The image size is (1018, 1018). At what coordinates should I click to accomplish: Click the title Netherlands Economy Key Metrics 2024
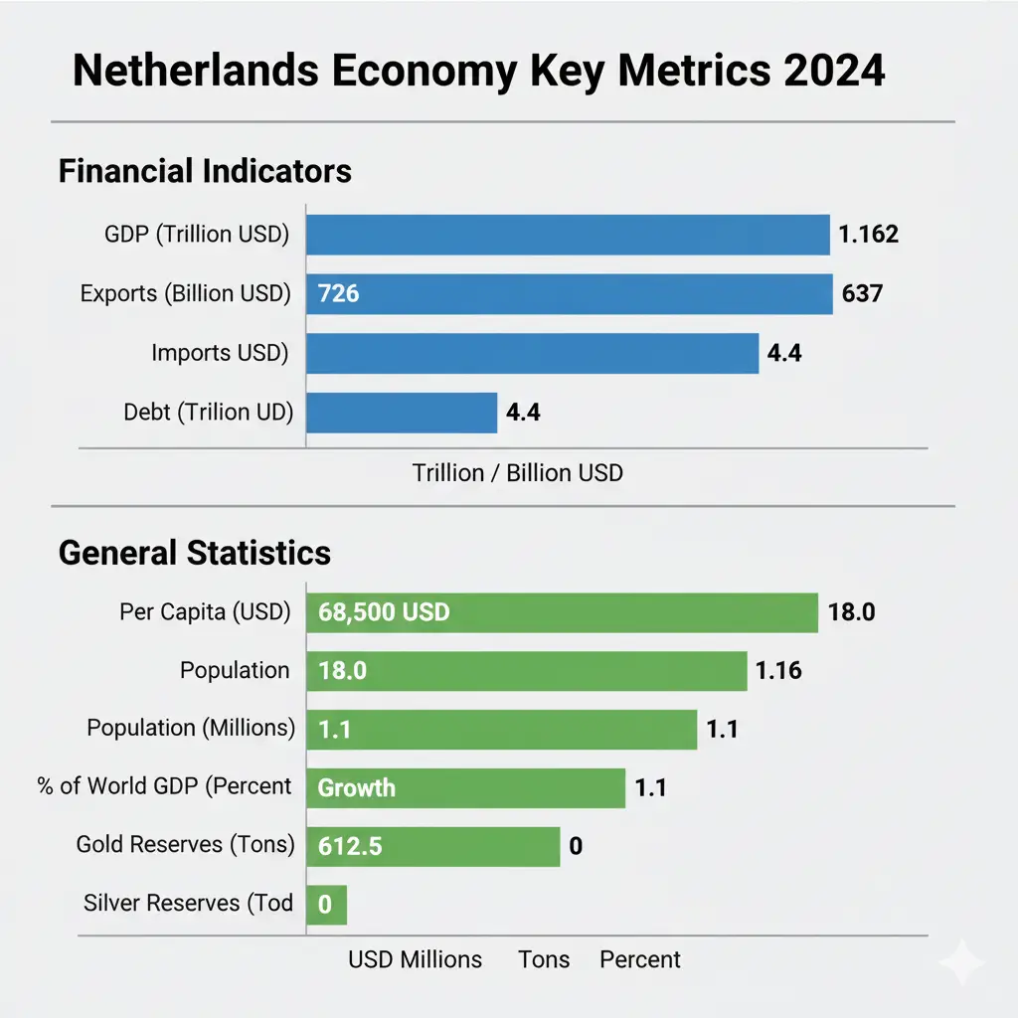coord(478,74)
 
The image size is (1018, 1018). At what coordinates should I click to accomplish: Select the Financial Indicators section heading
coord(205,171)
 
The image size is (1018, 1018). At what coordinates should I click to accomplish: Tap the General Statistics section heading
coord(195,552)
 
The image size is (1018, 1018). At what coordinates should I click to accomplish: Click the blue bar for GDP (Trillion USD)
coord(567,236)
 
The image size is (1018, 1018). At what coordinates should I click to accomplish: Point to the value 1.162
coord(868,235)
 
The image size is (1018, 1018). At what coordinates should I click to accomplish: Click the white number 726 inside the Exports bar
coord(338,294)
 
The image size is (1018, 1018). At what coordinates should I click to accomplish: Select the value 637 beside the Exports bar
coord(862,293)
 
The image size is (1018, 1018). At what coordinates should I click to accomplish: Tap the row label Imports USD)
coord(220,352)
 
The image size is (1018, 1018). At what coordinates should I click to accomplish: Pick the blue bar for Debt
coord(401,412)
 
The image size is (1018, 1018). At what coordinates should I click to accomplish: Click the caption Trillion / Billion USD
coord(517,472)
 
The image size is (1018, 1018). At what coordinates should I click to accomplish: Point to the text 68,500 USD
coord(384,612)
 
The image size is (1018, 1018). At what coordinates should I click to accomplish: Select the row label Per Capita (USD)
coord(205,612)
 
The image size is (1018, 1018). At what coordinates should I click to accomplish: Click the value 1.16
coord(778,671)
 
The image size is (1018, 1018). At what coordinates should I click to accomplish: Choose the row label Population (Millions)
coord(191,729)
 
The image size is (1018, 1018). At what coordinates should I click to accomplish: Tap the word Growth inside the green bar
coord(356,788)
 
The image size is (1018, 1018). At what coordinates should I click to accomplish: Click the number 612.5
coord(350,847)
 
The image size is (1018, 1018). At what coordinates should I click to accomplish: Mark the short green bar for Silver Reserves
coord(326,906)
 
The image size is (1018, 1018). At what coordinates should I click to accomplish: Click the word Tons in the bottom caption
coord(544,959)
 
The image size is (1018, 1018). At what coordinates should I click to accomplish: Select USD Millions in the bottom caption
coord(415,959)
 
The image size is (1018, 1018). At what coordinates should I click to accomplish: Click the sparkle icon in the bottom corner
coord(962,962)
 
